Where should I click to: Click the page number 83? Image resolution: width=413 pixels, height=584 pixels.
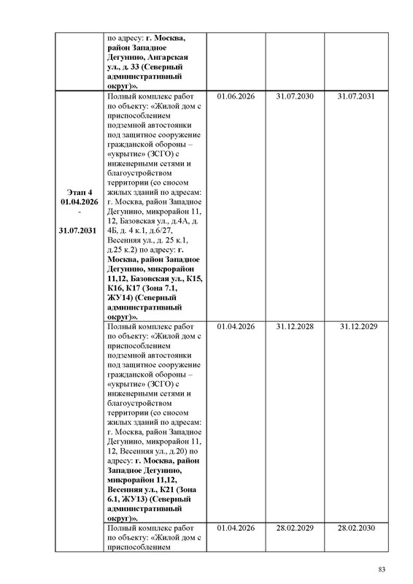pos(381,569)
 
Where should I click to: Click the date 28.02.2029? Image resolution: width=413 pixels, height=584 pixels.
pos(296,527)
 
